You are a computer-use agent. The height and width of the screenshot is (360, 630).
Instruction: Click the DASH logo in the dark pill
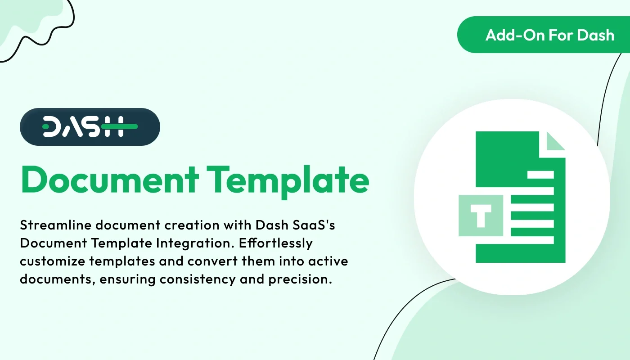point(90,127)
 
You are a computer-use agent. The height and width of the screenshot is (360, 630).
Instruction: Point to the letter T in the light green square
point(481,216)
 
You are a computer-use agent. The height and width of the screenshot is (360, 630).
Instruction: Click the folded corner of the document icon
point(555,141)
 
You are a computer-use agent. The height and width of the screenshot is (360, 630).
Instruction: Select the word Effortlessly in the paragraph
point(276,243)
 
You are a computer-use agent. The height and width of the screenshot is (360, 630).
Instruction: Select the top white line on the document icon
point(540,175)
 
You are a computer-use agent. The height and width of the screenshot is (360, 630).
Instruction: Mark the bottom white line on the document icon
point(532,239)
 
